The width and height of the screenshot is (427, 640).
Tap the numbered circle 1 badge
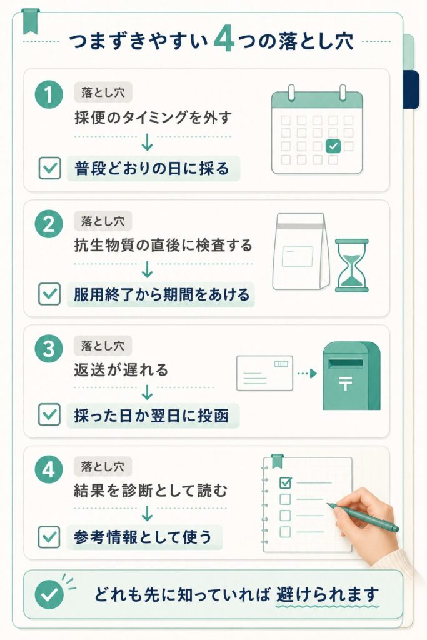49,95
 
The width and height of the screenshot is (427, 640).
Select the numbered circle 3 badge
49,349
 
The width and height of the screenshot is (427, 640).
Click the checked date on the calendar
333,146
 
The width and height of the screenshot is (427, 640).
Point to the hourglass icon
351,265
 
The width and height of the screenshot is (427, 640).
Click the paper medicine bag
301,251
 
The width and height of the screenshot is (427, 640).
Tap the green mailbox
351,376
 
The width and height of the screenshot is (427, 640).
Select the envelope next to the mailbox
264,373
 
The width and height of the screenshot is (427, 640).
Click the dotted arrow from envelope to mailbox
307,374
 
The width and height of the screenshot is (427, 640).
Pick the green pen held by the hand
363,517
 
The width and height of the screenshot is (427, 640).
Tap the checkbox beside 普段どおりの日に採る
50,168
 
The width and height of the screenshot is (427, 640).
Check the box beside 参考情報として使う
49,537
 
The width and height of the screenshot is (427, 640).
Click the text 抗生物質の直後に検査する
163,246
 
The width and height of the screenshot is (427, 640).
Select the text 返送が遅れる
121,370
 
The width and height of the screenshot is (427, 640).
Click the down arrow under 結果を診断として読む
147,514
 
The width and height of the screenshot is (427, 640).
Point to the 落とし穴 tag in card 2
103,221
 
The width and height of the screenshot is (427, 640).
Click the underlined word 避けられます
328,595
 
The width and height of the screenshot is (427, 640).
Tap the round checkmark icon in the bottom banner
49,595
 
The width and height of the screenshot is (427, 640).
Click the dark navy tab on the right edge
411,89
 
